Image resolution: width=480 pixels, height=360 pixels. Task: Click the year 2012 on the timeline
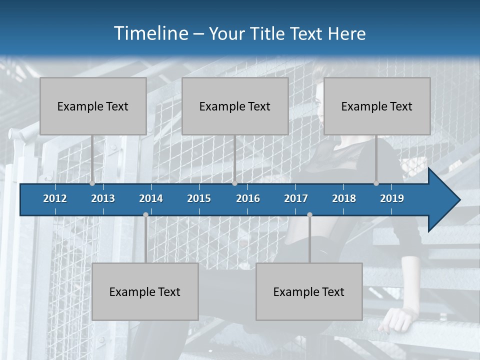(x=55, y=198)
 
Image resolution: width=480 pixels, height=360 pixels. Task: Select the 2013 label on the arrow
(x=103, y=198)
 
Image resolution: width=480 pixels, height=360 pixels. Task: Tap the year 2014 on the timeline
(x=151, y=198)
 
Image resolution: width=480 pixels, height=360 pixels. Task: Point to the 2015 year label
(x=199, y=198)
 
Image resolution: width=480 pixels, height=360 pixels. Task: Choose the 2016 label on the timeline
(x=248, y=198)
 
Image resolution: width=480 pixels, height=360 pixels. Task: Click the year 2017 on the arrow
(x=296, y=198)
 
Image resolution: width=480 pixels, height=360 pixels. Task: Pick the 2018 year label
(x=344, y=198)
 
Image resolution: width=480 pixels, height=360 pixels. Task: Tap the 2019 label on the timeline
(x=392, y=198)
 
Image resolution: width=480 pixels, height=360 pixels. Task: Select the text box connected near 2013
(x=93, y=106)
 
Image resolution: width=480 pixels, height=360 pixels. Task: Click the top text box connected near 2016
(x=235, y=106)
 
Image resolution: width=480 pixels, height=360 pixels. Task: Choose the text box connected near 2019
(x=377, y=106)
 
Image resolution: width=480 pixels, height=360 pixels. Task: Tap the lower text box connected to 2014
(x=145, y=291)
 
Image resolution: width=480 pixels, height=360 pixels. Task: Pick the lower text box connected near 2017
(x=309, y=291)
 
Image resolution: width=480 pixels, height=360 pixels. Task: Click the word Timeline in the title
(x=150, y=33)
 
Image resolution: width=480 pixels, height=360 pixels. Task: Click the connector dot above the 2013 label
(x=92, y=183)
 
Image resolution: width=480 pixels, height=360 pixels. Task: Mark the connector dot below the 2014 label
(x=145, y=215)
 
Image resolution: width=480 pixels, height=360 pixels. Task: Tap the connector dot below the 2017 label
(x=309, y=215)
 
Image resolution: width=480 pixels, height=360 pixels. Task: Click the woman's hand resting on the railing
(x=395, y=320)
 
